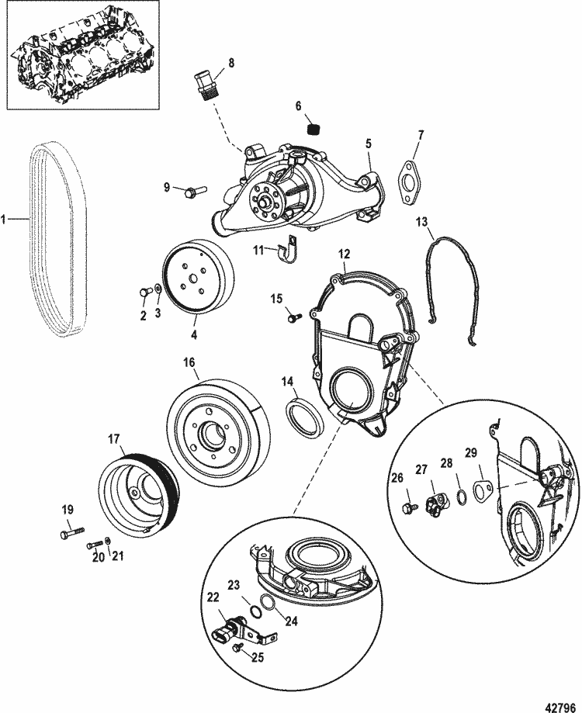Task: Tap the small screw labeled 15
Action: coord(292,317)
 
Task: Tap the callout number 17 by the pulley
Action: coord(114,438)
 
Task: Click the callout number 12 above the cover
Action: coord(344,252)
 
